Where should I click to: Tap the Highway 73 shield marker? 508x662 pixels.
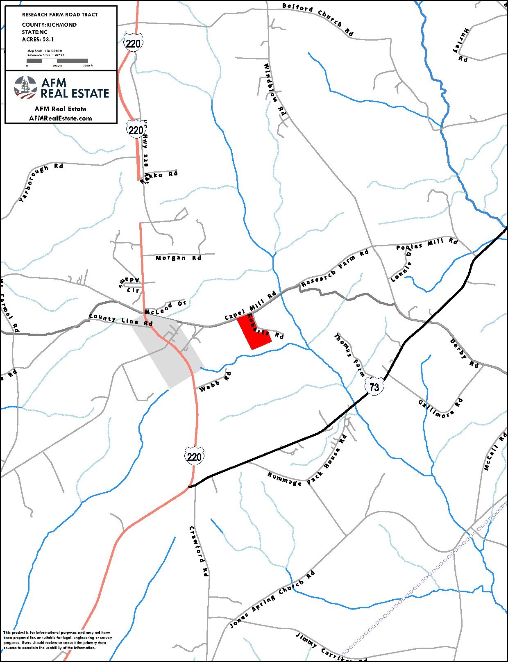pos(374,387)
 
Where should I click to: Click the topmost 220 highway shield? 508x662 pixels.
pos(133,43)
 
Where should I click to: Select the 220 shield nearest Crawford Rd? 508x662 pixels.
pos(194,456)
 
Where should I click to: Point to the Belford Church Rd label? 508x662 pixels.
pos(318,18)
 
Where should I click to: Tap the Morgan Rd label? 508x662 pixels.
pos(179,258)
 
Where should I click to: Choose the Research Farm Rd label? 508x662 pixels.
pos(335,269)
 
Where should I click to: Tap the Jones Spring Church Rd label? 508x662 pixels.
pos(272,599)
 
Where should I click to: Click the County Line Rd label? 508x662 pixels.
pos(121,320)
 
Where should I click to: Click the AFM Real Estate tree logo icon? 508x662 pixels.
pos(25,87)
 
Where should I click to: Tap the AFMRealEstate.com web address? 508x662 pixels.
pos(61,118)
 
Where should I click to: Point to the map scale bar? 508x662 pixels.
pos(57,61)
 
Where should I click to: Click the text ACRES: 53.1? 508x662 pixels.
pos(38,40)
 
